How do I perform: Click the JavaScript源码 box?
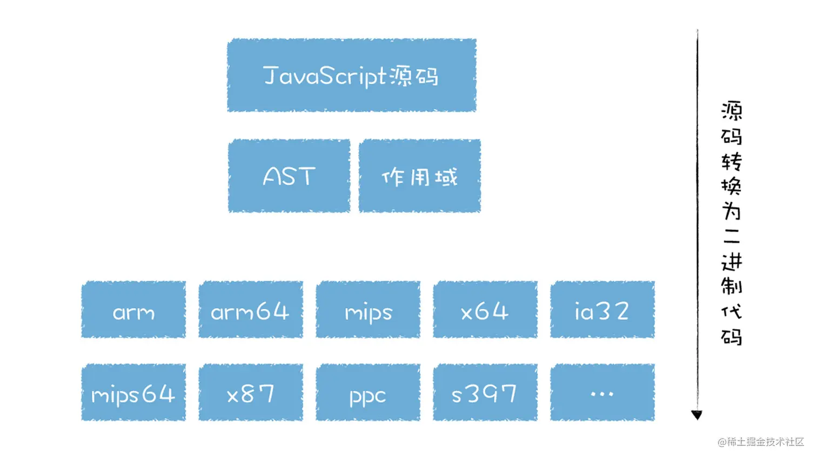click(x=351, y=75)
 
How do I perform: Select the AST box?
click(x=289, y=176)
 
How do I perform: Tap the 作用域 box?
click(x=419, y=176)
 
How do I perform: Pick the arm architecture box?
click(x=133, y=310)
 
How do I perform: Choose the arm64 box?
click(x=250, y=310)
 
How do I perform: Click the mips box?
click(x=368, y=310)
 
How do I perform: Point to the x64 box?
click(x=485, y=310)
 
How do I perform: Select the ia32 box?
click(x=602, y=310)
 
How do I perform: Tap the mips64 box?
click(x=133, y=392)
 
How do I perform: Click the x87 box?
click(x=250, y=392)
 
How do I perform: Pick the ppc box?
click(x=368, y=392)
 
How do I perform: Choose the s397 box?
click(x=485, y=392)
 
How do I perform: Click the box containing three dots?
click(x=602, y=392)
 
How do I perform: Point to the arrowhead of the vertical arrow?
click(x=697, y=415)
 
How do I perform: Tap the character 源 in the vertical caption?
click(x=732, y=111)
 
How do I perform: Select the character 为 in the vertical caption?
click(x=732, y=211)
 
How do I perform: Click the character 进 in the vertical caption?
click(x=732, y=262)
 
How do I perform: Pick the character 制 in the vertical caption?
click(x=732, y=286)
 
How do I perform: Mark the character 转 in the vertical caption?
click(x=732, y=161)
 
